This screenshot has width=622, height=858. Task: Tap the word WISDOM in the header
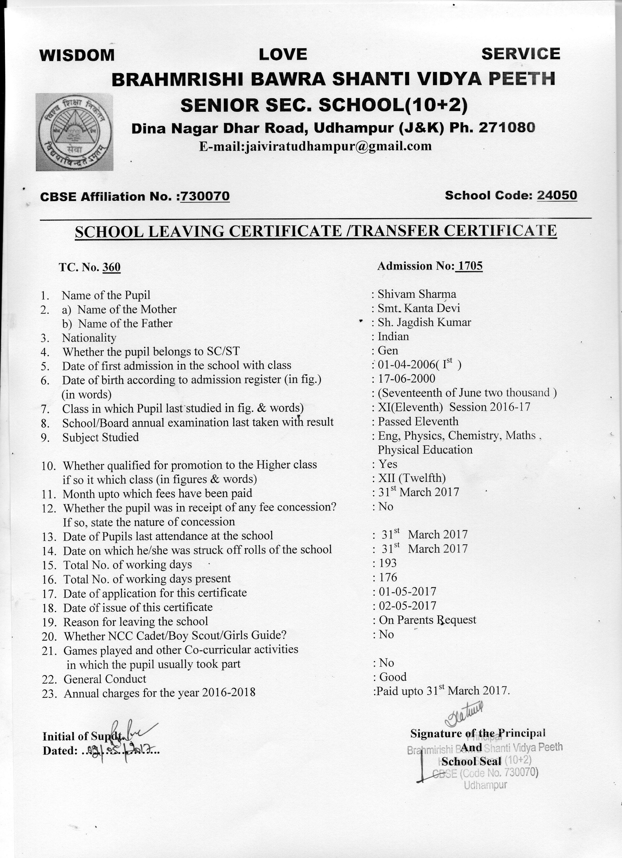[x=77, y=55]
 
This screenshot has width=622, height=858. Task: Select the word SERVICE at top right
[x=521, y=54]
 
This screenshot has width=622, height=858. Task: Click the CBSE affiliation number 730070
[x=205, y=196]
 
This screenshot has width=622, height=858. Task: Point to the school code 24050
[x=557, y=195]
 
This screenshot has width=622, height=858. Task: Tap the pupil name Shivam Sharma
[x=417, y=294]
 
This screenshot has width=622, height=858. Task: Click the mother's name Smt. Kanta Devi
[x=419, y=308]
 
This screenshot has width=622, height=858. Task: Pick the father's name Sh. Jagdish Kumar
[x=424, y=322]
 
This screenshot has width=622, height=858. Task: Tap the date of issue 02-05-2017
[x=407, y=606]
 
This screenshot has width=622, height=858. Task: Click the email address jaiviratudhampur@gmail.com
[x=315, y=146]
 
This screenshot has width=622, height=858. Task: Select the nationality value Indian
[x=393, y=336]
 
